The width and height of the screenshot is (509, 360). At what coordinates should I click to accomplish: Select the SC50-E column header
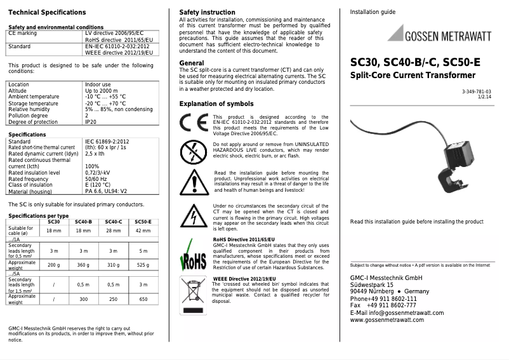pos(143,222)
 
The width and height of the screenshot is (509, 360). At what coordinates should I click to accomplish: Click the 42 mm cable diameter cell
pos(143,230)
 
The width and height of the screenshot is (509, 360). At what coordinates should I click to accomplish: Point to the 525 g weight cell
pos(143,264)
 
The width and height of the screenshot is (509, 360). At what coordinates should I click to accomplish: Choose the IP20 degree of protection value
pos(91,122)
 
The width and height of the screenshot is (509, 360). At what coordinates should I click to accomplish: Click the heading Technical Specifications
pos(47,12)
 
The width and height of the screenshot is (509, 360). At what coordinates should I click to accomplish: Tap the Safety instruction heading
pos(207,12)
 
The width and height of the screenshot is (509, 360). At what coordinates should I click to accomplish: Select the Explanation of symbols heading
pos(216,103)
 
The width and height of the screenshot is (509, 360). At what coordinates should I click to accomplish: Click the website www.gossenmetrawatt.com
pos(387,320)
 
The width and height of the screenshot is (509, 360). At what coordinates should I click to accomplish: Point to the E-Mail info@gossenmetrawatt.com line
pos(397,312)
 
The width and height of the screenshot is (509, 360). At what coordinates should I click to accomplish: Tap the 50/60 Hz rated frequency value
pos(96,179)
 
